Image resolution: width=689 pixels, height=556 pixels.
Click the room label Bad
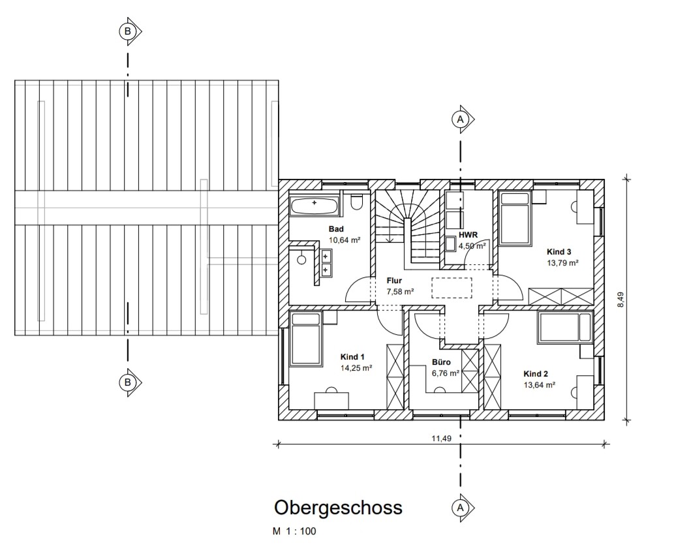pyautogui.click(x=336, y=229)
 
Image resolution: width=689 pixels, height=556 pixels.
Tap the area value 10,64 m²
pyautogui.click(x=344, y=240)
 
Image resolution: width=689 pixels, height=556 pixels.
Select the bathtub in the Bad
pyautogui.click(x=314, y=206)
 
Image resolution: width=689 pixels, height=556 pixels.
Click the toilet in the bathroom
pyautogui.click(x=356, y=202)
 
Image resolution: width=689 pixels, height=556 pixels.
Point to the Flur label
pyautogui.click(x=394, y=281)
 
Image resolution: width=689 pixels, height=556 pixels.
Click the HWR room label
pyautogui.click(x=468, y=235)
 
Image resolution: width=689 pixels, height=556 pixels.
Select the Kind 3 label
pyautogui.click(x=559, y=252)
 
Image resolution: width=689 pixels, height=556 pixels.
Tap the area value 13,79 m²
pyautogui.click(x=562, y=263)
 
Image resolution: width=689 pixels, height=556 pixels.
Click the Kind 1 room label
pyautogui.click(x=352, y=357)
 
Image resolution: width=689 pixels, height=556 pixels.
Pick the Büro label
pyautogui.click(x=441, y=362)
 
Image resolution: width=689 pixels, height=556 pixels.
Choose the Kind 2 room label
pyautogui.click(x=536, y=374)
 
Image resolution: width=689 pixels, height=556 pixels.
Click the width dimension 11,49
pyautogui.click(x=442, y=438)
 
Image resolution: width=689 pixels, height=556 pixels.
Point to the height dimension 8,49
pyautogui.click(x=620, y=300)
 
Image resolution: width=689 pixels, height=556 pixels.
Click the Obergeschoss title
pyautogui.click(x=339, y=508)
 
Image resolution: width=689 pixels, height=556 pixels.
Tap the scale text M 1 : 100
pyautogui.click(x=294, y=531)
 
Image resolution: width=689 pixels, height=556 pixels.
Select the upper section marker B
pyautogui.click(x=130, y=31)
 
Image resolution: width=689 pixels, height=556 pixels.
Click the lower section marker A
pyautogui.click(x=463, y=508)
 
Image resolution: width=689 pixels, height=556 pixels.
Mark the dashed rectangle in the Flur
pyautogui.click(x=452, y=288)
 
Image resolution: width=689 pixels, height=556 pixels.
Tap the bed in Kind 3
pyautogui.click(x=514, y=217)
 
